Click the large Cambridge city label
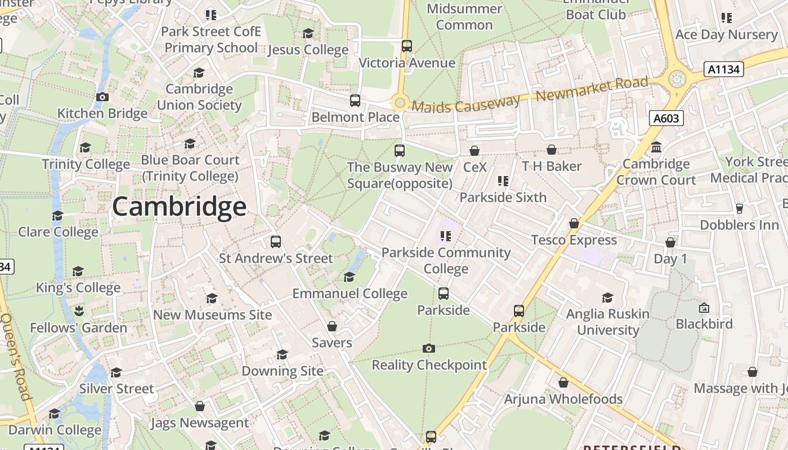click(x=179, y=206)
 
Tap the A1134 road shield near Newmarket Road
click(x=723, y=69)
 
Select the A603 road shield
click(x=666, y=118)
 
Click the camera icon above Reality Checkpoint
click(x=429, y=348)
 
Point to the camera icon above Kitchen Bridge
click(x=102, y=97)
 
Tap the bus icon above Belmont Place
click(x=355, y=101)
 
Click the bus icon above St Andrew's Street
click(x=276, y=242)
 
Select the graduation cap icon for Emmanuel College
click(x=349, y=277)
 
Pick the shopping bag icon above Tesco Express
click(x=574, y=223)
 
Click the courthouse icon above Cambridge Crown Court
click(x=656, y=147)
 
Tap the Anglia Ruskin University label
click(x=608, y=322)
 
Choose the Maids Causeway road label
click(x=465, y=103)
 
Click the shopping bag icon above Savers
click(x=332, y=326)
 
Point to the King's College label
click(x=78, y=287)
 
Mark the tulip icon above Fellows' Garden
click(x=79, y=310)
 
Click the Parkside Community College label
click(x=446, y=260)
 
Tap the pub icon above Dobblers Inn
click(x=739, y=208)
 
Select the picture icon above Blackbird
click(x=704, y=308)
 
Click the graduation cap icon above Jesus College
click(x=308, y=33)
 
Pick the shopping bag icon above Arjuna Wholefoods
click(x=563, y=382)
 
